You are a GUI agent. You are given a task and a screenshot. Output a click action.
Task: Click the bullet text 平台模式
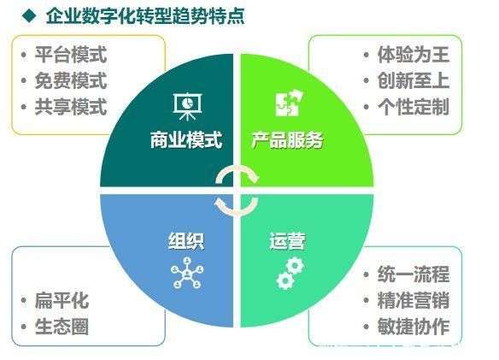(71, 56)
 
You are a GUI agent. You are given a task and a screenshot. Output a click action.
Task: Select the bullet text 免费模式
(71, 81)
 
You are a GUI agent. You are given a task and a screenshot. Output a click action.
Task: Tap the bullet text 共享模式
(71, 107)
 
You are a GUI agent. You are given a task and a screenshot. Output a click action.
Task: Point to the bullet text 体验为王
(413, 56)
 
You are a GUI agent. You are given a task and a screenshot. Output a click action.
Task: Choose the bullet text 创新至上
(413, 81)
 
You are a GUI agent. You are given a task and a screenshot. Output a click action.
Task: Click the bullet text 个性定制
(413, 107)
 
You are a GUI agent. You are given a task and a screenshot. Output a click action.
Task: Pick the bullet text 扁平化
(62, 301)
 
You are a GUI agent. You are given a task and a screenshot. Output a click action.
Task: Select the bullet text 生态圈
(62, 326)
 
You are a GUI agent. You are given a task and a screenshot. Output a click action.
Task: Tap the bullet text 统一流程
(413, 275)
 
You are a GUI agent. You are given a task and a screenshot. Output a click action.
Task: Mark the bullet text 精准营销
(413, 301)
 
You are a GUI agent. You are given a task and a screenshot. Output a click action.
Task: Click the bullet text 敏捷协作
(413, 326)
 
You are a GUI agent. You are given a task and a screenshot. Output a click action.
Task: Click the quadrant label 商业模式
(185, 141)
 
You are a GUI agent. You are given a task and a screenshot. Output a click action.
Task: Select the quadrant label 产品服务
(287, 141)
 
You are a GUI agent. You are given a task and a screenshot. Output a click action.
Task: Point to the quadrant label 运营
(287, 240)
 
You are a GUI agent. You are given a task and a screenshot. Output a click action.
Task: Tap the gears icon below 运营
(288, 273)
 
